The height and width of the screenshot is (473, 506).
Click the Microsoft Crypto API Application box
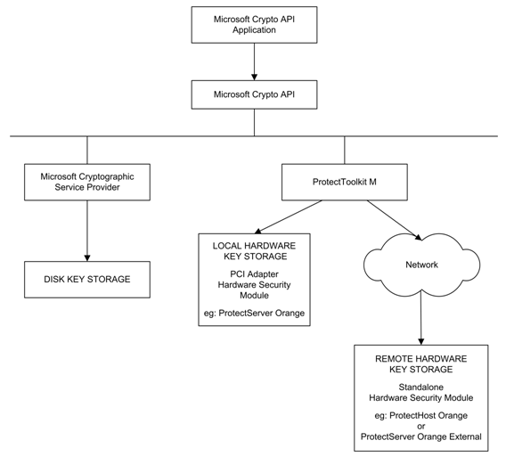pyautogui.click(x=254, y=25)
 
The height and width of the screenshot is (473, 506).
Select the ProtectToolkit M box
pyautogui.click(x=345, y=183)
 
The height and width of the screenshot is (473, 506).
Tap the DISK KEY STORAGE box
pyautogui.click(x=87, y=280)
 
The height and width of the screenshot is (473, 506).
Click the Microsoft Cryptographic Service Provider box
pyautogui.click(x=87, y=183)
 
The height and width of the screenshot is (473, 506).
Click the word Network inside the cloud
pyautogui.click(x=421, y=265)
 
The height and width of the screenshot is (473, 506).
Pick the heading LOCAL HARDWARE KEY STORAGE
pyautogui.click(x=254, y=251)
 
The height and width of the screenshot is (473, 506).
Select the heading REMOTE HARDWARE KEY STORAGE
pyautogui.click(x=421, y=364)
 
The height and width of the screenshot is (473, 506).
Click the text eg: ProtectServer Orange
pyautogui.click(x=254, y=313)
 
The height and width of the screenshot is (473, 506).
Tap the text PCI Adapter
pyautogui.click(x=254, y=274)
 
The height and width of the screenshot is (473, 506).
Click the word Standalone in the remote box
pyautogui.click(x=421, y=387)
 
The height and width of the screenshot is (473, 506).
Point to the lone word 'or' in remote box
pyautogui.click(x=421, y=426)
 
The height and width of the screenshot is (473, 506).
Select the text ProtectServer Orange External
pyautogui.click(x=421, y=436)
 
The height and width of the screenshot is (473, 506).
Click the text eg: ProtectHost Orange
pyautogui.click(x=421, y=415)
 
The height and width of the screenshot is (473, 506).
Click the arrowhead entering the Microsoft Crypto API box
pyautogui.click(x=254, y=77)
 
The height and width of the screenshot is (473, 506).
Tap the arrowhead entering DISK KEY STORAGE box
pyautogui.click(x=87, y=258)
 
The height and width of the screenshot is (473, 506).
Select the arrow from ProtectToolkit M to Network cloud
pyautogui.click(x=395, y=220)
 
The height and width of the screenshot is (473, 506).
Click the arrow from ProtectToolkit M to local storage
pyautogui.click(x=288, y=216)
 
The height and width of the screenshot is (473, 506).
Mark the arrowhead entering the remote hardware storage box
pyautogui.click(x=420, y=342)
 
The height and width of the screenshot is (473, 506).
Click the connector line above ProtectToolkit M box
pyautogui.click(x=345, y=150)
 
